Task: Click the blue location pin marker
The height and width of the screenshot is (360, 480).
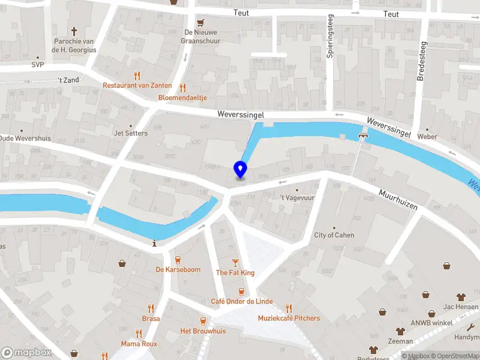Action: [240, 169]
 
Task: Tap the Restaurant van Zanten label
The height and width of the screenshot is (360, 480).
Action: [137, 85]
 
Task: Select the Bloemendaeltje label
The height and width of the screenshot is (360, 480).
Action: [182, 97]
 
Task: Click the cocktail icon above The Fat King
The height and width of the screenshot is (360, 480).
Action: [235, 263]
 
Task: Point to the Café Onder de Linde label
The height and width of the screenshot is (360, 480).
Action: [242, 301]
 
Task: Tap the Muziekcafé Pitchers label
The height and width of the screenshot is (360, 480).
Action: [289, 318]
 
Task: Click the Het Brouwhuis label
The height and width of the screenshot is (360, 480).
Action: [203, 331]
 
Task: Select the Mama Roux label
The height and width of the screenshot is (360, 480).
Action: [139, 344]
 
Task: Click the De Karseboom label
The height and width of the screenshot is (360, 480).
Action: [178, 269]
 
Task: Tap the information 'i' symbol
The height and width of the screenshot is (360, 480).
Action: [155, 243]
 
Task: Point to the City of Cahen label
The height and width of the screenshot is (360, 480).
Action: [334, 235]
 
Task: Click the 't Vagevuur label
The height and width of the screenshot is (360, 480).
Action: [297, 197]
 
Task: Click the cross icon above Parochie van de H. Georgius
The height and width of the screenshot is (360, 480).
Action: [74, 31]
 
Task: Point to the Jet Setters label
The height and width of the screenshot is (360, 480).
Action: [130, 133]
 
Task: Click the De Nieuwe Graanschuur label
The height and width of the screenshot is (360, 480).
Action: [202, 37]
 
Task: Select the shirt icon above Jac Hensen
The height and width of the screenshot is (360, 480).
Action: [460, 296]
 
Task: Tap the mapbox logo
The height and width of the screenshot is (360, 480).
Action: [26, 352]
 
